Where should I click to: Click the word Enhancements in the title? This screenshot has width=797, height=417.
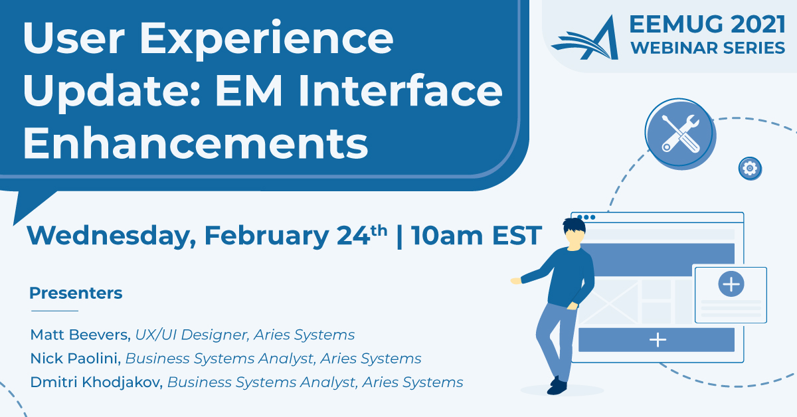point(196,143)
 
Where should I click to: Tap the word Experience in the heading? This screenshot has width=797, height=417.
point(266,39)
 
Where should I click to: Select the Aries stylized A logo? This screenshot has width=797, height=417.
point(585,38)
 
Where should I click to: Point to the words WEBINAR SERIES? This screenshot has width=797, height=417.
point(708,48)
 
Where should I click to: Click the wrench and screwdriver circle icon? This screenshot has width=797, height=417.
point(679,133)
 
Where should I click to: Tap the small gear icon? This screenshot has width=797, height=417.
point(750,167)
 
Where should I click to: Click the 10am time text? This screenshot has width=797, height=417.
point(446,236)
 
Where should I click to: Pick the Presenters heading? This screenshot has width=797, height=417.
point(76,293)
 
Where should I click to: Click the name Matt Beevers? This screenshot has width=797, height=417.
point(80,335)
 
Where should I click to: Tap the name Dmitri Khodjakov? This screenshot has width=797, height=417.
point(96,382)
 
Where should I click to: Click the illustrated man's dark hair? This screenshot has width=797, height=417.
point(574,225)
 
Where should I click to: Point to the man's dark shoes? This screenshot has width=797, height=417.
point(557,386)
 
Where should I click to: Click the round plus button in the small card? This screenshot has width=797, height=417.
point(731,284)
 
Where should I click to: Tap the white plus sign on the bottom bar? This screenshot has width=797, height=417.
point(658,340)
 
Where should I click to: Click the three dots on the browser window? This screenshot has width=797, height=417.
point(586,217)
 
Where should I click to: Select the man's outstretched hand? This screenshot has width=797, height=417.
point(516,281)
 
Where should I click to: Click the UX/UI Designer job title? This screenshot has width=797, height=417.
point(191,335)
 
